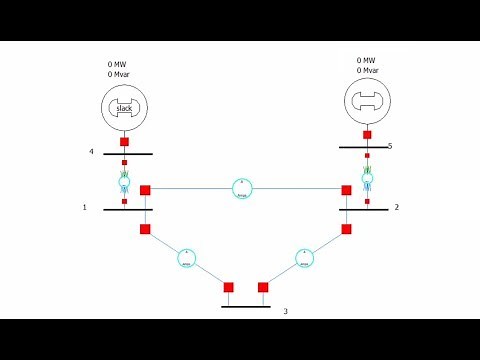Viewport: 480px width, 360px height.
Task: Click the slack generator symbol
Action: (x=124, y=108)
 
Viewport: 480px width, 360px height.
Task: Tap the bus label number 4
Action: (x=91, y=152)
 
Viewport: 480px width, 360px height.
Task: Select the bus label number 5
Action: (x=390, y=146)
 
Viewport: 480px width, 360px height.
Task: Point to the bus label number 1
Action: (x=85, y=207)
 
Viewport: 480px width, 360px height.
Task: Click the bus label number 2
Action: (x=396, y=207)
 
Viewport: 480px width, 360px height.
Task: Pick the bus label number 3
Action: (x=285, y=311)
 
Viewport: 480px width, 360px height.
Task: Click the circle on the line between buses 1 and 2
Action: (x=242, y=188)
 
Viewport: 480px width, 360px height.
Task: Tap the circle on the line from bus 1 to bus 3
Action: (x=187, y=257)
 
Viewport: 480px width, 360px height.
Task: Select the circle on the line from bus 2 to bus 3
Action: (x=305, y=257)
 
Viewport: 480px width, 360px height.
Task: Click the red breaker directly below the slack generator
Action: (x=124, y=142)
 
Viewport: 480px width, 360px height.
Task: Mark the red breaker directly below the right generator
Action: (x=367, y=134)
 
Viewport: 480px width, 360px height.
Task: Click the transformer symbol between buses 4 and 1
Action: (x=124, y=182)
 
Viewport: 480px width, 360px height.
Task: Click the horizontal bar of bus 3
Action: (x=246, y=306)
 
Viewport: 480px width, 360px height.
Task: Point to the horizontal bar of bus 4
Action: (x=127, y=154)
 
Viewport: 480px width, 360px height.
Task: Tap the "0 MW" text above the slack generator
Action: (x=117, y=64)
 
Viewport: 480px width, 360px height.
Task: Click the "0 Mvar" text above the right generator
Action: (x=368, y=70)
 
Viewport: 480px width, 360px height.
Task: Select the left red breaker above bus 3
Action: (x=229, y=287)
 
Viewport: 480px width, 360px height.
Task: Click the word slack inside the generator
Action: (x=124, y=108)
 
